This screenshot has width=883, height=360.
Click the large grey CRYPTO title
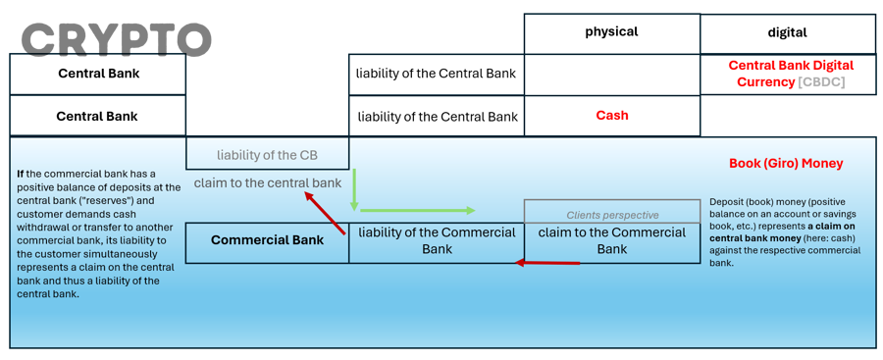(x=116, y=39)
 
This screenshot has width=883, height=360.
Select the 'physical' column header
(x=611, y=32)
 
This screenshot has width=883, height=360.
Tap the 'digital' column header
(x=787, y=32)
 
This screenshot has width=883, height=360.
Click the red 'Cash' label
(x=611, y=116)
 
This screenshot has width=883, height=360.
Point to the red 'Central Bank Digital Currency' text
(x=791, y=66)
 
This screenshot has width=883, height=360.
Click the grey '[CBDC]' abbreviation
(x=821, y=82)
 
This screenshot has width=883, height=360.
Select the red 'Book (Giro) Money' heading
(x=786, y=164)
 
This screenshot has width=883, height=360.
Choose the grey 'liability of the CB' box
(x=267, y=154)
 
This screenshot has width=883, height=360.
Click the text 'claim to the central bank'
(x=267, y=182)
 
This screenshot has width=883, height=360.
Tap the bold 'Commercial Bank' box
(x=267, y=240)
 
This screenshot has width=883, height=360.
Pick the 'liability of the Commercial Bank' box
(x=437, y=240)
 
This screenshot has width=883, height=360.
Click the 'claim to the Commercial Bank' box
(x=611, y=240)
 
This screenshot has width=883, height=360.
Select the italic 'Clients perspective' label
(x=612, y=215)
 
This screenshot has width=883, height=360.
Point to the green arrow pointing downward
(x=354, y=189)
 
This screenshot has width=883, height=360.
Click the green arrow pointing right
(x=417, y=210)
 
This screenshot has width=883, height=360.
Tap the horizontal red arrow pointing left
(x=548, y=263)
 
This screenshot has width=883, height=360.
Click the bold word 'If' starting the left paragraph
(x=21, y=175)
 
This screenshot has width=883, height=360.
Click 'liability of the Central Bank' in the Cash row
(x=437, y=117)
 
